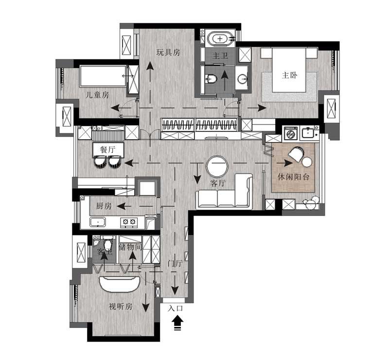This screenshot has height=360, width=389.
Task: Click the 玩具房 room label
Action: point(168,53)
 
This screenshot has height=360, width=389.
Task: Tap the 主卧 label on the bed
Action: point(289,75)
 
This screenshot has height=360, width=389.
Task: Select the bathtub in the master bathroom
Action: point(220,39)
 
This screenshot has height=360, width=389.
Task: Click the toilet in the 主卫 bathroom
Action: point(212,79)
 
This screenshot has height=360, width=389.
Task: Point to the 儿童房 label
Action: point(97,95)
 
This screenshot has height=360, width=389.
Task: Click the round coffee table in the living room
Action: point(217,166)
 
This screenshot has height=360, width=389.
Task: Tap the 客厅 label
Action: point(218,183)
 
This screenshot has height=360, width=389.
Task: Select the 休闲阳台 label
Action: point(294,177)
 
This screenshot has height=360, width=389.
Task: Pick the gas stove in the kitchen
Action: point(129,221)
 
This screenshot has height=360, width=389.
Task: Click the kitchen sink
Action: point(98,222)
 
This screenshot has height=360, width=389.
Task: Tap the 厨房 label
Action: point(104,206)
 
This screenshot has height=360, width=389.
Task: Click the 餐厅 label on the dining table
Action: point(108,149)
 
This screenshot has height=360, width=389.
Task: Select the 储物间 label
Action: point(130,247)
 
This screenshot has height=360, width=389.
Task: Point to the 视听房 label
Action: point(121,307)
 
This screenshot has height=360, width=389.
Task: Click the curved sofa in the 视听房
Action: point(120,284)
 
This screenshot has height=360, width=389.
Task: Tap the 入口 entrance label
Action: point(176,308)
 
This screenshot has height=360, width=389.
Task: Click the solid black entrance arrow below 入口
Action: point(177,324)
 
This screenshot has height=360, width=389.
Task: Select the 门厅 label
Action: point(175,263)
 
